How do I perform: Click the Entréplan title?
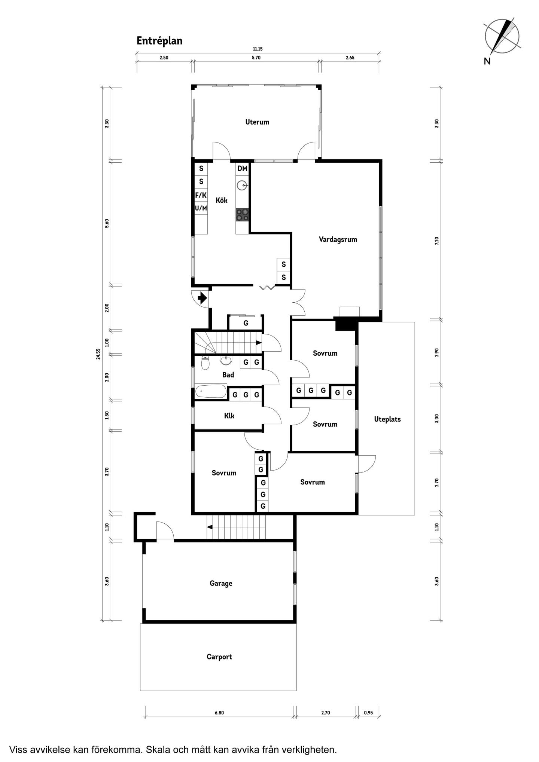click(159, 41)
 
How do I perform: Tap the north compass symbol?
click(502, 37)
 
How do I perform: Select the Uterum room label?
click(257, 122)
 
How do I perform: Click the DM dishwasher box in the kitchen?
click(243, 168)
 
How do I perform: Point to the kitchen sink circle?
click(242, 185)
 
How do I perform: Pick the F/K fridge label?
click(201, 195)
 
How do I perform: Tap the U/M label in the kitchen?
click(201, 208)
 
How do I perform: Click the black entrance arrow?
click(202, 298)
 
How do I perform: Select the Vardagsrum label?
click(338, 239)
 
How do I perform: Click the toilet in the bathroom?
click(205, 362)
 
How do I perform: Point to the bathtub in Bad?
click(211, 392)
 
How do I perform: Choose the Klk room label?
click(229, 416)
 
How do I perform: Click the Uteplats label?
click(387, 419)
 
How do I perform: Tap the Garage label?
click(221, 583)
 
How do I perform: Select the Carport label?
click(219, 657)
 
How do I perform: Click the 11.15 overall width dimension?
click(258, 49)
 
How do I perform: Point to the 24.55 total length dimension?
click(98, 354)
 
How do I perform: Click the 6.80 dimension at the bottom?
click(219, 713)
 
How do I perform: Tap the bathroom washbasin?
click(226, 360)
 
